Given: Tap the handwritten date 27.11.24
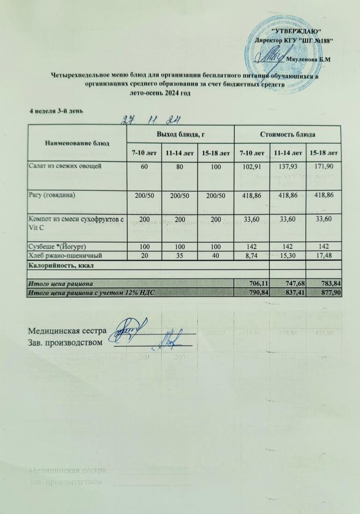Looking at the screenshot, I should point(151,120).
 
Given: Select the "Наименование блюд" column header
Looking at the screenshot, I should point(77,142).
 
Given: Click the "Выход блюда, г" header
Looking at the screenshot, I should point(180,134).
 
